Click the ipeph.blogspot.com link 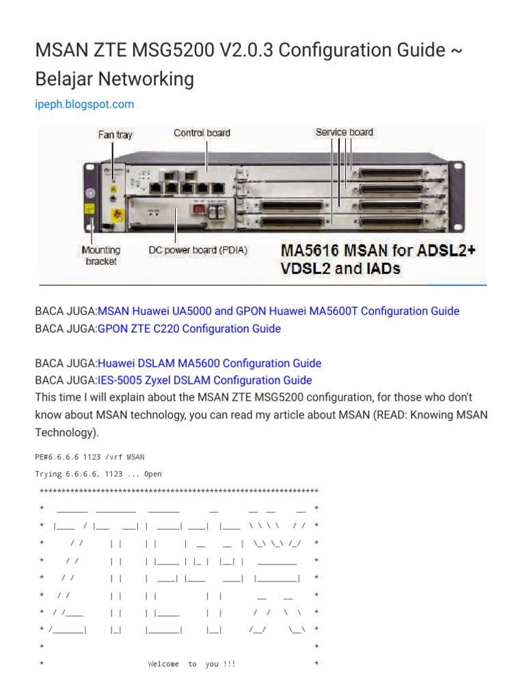coord(84,104)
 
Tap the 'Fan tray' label coord(115,134)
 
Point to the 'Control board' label coord(202,132)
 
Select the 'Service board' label coord(344,132)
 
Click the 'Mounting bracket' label coord(100,255)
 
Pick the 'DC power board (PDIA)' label coord(198,251)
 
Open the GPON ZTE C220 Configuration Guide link coord(189,329)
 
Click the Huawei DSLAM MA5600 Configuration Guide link coord(209,363)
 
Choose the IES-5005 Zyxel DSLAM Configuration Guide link coord(204,380)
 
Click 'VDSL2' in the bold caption coord(305,268)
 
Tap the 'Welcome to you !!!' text coord(191,664)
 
